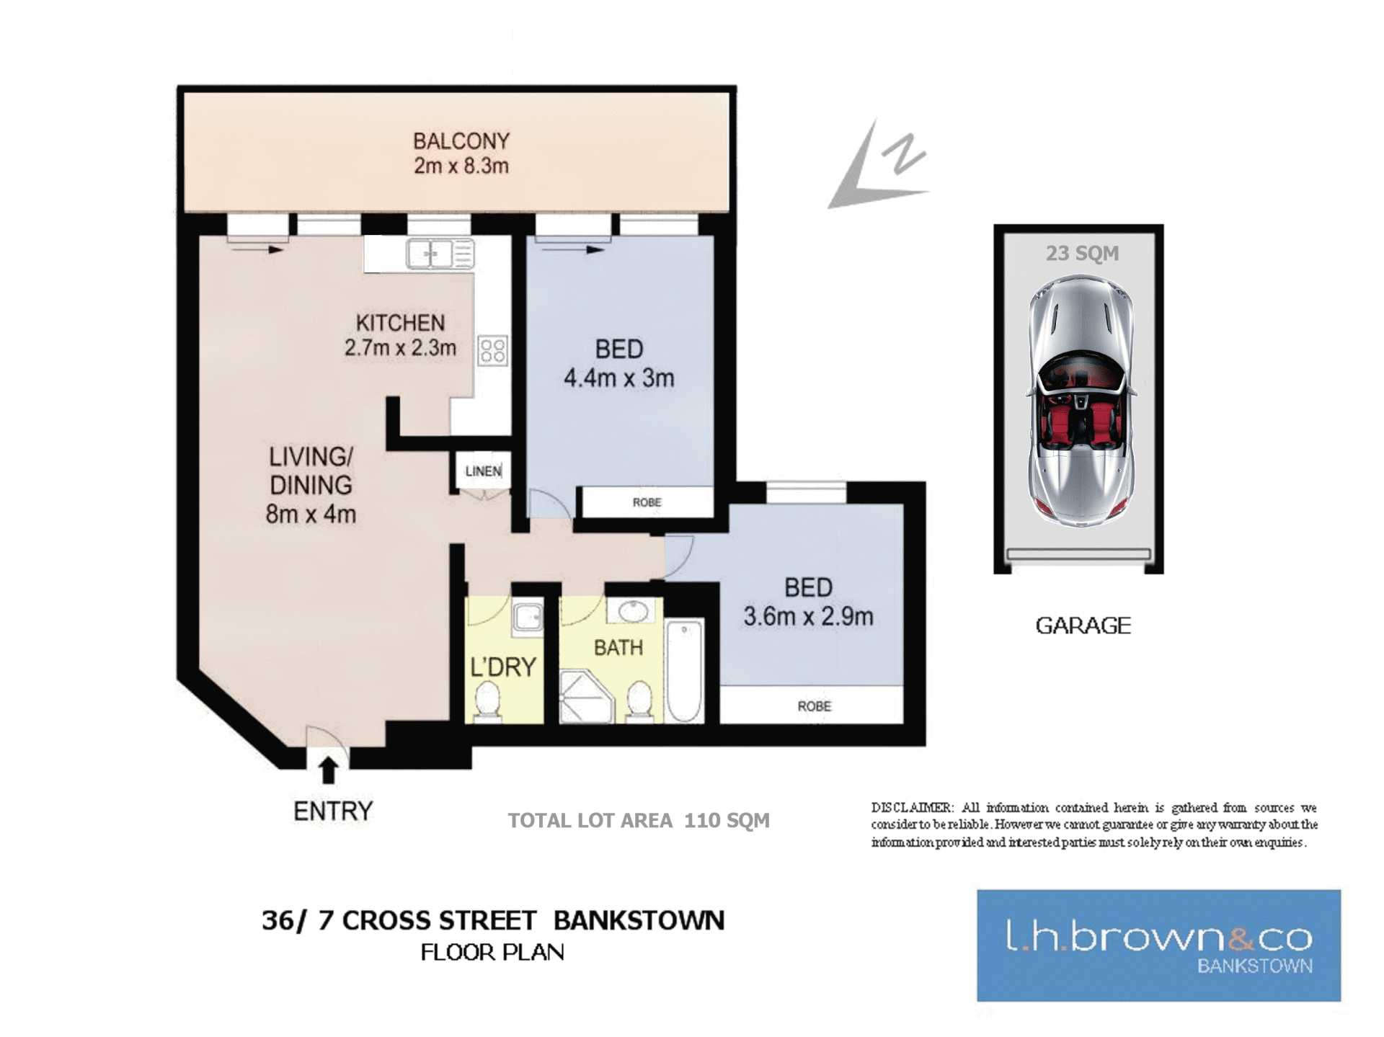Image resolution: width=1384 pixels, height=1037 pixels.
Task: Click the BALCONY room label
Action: tap(461, 141)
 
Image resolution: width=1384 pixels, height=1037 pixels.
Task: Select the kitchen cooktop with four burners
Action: tap(493, 350)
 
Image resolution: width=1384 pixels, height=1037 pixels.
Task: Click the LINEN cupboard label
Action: tap(484, 471)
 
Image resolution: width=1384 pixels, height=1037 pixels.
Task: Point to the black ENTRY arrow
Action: tap(329, 770)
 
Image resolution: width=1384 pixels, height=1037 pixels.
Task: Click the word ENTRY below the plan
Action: tap(333, 811)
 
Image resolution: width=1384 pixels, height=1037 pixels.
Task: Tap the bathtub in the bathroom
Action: tap(684, 671)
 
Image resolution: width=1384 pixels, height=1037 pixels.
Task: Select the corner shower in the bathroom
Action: tap(586, 696)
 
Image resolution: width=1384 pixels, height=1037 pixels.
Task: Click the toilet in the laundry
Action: tap(488, 701)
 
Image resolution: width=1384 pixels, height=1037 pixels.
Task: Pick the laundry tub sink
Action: tap(528, 618)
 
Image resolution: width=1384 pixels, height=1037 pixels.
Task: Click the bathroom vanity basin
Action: tap(633, 611)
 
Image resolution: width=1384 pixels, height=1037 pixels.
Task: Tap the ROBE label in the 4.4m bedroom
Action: tap(647, 502)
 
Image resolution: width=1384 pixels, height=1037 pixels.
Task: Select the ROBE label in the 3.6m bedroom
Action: tap(815, 706)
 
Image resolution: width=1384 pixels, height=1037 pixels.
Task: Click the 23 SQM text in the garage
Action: tap(1082, 254)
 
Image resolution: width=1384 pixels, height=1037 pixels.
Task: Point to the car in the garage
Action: tap(1081, 400)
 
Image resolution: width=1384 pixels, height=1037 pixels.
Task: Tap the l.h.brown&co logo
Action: tap(1158, 945)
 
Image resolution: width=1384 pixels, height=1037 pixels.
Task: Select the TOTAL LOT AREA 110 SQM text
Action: tap(639, 821)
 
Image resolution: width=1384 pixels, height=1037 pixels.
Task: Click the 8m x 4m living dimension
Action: tap(311, 515)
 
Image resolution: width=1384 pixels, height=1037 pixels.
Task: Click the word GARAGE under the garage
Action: tap(1083, 626)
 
